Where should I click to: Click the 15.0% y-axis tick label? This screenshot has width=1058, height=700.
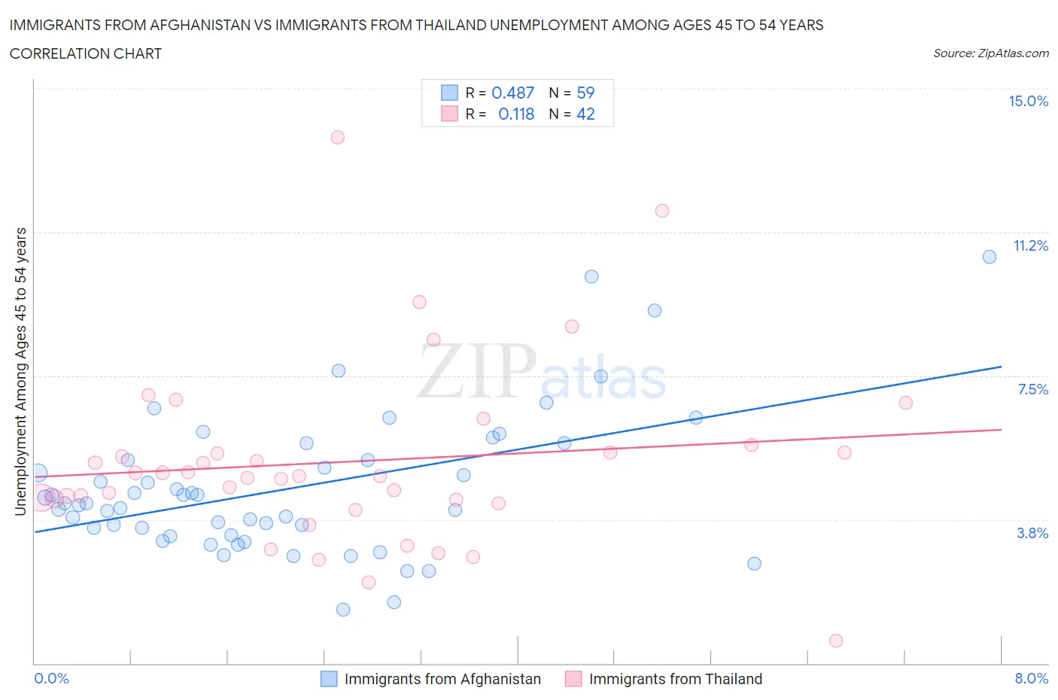point(1028,101)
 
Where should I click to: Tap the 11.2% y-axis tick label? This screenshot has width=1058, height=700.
point(1030,245)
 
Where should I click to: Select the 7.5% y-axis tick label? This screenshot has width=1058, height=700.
point(1032,389)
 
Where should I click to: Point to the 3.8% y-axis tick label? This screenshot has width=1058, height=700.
point(1032,533)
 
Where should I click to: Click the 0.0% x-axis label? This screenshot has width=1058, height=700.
point(51,678)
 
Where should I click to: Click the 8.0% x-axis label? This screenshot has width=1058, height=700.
point(1031,678)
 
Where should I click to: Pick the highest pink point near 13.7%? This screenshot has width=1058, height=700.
point(337,137)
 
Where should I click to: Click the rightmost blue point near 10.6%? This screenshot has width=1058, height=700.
point(990,257)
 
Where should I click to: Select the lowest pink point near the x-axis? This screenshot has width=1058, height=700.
point(836,641)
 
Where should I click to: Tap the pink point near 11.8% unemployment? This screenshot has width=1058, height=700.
point(662,211)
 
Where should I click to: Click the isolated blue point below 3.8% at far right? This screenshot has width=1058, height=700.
point(754,564)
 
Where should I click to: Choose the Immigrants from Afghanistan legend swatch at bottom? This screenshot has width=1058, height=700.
point(329,679)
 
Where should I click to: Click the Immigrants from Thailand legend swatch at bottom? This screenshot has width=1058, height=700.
point(573,679)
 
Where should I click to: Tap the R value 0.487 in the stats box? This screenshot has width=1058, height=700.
point(512,93)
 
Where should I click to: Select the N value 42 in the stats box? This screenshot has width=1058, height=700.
point(585,114)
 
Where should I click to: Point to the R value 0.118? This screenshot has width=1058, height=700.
point(516,114)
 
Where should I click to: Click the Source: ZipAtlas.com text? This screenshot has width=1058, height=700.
point(990,53)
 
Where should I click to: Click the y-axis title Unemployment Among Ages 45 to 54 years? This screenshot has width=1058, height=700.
point(20,371)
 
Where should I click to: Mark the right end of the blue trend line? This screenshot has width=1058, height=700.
point(1001,367)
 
